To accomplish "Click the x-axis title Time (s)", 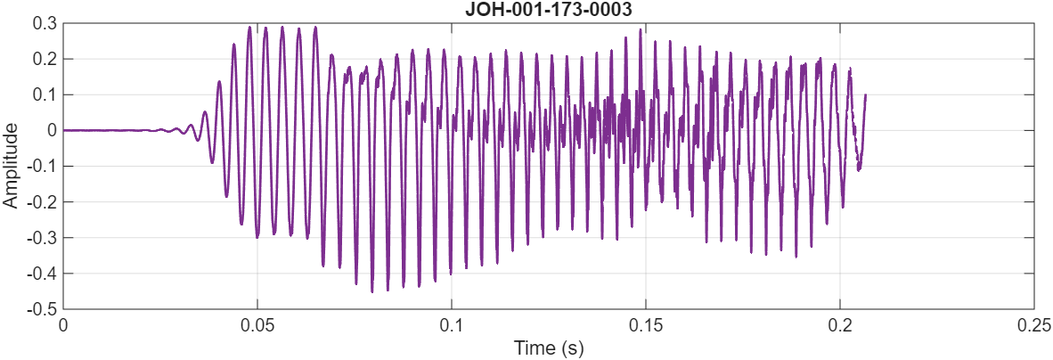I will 548,347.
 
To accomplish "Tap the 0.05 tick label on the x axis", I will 257,325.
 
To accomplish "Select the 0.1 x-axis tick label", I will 452,325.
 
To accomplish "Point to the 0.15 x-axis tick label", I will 646,325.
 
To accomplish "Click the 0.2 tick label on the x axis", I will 840,325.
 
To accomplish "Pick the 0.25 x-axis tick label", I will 1033,325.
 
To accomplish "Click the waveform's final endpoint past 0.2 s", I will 865,94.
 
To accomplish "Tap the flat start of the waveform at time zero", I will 64,130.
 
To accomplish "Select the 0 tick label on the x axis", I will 63,325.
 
